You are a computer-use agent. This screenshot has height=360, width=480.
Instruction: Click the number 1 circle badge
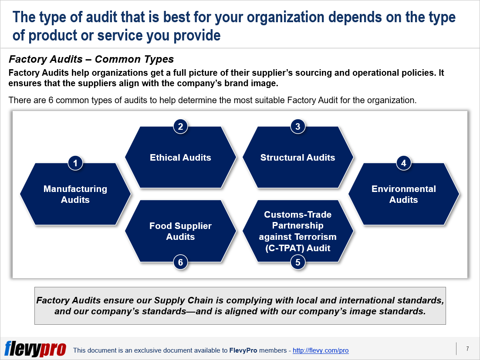click(x=75, y=163)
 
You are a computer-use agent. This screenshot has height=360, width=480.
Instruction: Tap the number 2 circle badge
click(x=180, y=126)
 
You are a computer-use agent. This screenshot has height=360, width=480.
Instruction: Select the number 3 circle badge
click(x=297, y=126)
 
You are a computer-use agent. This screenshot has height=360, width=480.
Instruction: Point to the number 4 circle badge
click(x=404, y=163)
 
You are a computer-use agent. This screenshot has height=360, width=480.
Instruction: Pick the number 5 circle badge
click(x=297, y=262)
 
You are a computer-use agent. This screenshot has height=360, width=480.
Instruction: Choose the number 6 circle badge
click(x=180, y=262)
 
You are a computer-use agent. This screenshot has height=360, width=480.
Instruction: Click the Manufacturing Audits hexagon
click(x=75, y=195)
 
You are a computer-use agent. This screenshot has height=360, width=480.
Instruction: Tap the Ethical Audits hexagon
click(x=180, y=158)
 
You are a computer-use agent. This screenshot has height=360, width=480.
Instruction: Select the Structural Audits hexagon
click(x=297, y=158)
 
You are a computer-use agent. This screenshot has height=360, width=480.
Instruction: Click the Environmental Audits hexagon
click(x=404, y=195)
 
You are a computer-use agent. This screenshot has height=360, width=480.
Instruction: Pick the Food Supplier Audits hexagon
click(x=180, y=231)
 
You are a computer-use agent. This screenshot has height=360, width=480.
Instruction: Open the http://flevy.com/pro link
click(x=321, y=350)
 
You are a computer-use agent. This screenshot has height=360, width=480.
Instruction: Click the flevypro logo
click(x=35, y=349)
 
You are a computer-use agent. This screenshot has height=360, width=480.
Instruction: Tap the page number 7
click(x=467, y=349)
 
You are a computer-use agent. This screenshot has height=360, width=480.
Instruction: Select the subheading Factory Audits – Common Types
click(x=91, y=60)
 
